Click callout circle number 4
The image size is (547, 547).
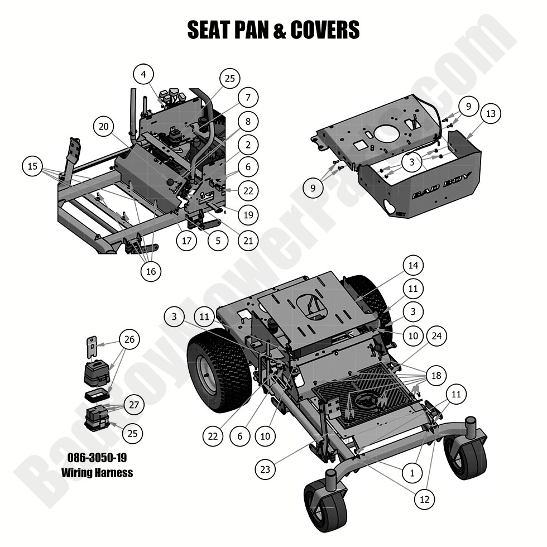pyautogui.click(x=143, y=74)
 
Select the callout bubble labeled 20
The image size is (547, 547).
pyautogui.click(x=103, y=127)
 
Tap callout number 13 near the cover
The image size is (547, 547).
pyautogui.click(x=490, y=114)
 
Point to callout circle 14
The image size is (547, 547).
pyautogui.click(x=415, y=265)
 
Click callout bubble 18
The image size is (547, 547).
pyautogui.click(x=435, y=375)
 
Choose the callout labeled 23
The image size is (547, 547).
pyautogui.click(x=265, y=469)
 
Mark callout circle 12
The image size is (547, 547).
pyautogui.click(x=425, y=500)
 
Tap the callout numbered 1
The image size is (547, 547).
pyautogui.click(x=412, y=473)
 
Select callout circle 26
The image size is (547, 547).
pyautogui.click(x=129, y=339)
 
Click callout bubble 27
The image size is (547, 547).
pyautogui.click(x=133, y=405)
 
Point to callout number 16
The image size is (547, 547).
pyautogui.click(x=150, y=271)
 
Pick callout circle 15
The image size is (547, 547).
pyautogui.click(x=32, y=166)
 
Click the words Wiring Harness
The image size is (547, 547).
pyautogui.click(x=97, y=473)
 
